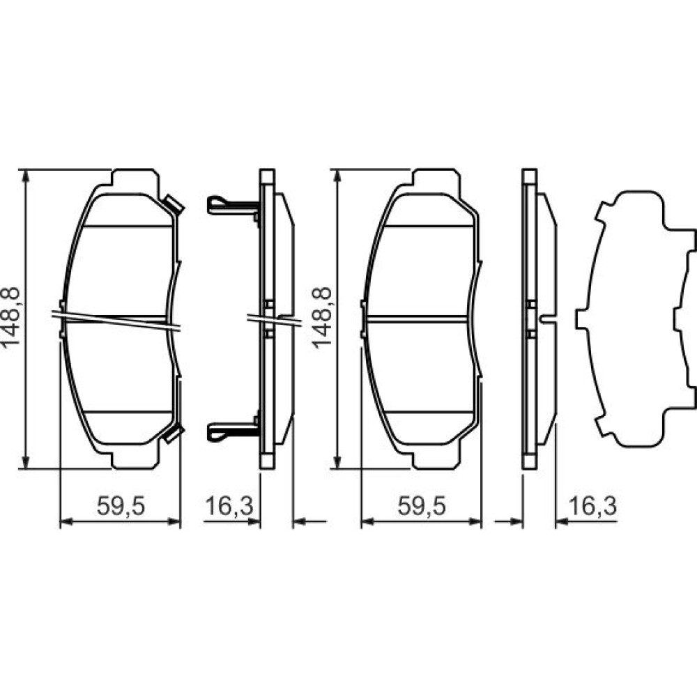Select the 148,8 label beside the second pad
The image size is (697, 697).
click(x=322, y=316)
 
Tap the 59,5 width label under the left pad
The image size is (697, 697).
click(x=121, y=506)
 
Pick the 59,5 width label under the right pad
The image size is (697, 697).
click(x=422, y=506)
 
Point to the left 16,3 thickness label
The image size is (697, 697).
click(x=229, y=506)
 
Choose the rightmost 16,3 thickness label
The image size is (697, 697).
click(x=593, y=506)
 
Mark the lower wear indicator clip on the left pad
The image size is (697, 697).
click(x=174, y=433)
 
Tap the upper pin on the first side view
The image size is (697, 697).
click(x=233, y=206)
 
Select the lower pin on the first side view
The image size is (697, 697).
click(x=233, y=431)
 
